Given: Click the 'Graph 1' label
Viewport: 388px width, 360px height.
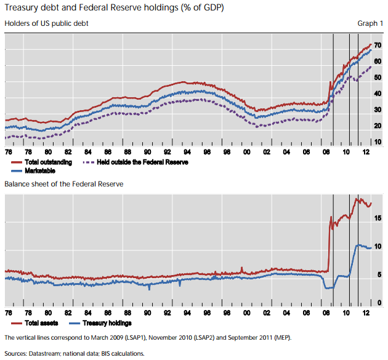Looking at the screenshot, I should tap(370, 23).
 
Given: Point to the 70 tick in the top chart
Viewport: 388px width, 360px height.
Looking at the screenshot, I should tap(377, 46).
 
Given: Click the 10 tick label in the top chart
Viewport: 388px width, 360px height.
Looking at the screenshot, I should tap(377, 142).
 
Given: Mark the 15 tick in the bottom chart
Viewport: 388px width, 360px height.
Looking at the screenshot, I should tap(377, 218).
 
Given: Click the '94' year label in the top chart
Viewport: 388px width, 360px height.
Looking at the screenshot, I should tap(187, 152).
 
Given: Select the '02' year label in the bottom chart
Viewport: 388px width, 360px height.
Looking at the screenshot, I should tap(267, 313).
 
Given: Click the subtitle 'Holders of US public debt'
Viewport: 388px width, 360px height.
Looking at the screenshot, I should tap(46, 23).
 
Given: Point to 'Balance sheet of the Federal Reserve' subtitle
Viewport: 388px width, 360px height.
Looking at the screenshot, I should tap(64, 184).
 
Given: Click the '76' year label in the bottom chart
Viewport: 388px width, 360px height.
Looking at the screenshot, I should tap(8, 313).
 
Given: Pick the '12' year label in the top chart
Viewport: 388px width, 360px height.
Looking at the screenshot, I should tap(366, 152).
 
